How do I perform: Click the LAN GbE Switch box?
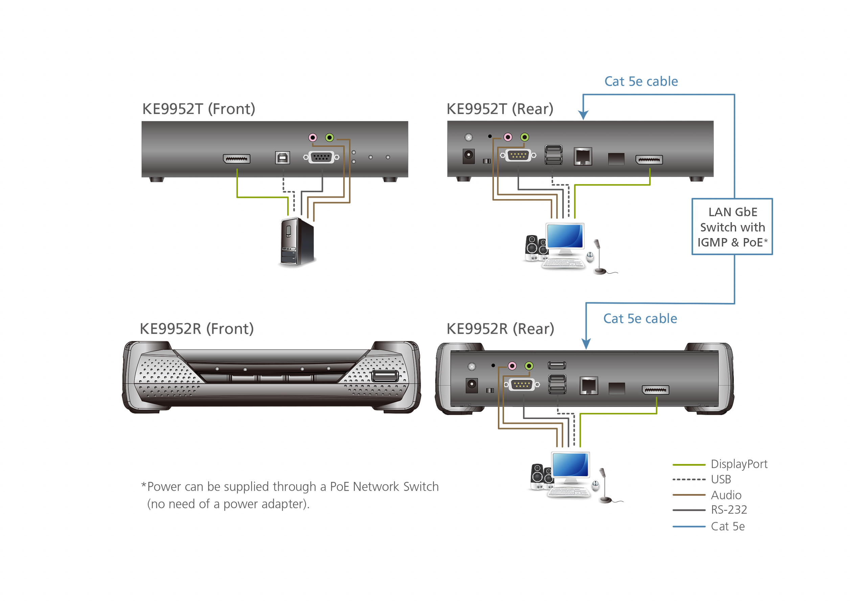point(732,227)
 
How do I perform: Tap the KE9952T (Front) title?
point(199,109)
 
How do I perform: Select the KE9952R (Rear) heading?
point(500,329)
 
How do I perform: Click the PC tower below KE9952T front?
point(297,242)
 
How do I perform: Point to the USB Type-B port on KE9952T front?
point(282,158)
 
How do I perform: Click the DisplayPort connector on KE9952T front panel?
point(236,159)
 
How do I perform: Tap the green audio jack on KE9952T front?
point(329,138)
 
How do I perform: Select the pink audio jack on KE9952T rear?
point(508,137)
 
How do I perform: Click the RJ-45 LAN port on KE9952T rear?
point(583,157)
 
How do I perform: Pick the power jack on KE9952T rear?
point(469,155)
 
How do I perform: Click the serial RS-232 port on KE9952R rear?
point(522,384)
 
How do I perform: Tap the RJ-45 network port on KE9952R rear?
point(588,386)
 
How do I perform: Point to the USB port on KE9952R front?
point(385,376)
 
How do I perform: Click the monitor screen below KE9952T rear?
point(565,236)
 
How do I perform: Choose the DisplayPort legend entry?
point(738,464)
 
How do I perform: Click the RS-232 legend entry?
point(728,510)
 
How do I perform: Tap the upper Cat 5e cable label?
point(641,81)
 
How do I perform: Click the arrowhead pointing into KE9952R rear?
point(586,344)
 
